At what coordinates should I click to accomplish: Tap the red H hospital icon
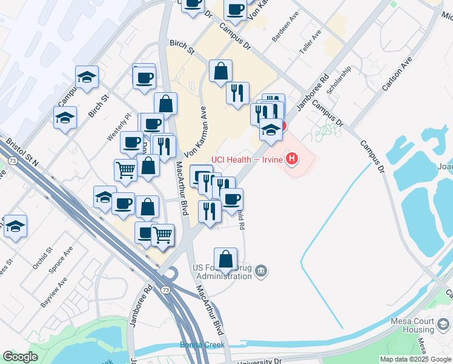tap(293, 160)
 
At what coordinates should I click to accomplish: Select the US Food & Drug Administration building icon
tap(261, 271)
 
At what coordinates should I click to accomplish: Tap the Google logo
tap(20, 356)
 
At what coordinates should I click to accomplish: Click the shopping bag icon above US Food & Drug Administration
tap(225, 258)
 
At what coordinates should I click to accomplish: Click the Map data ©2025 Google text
tap(415, 359)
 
